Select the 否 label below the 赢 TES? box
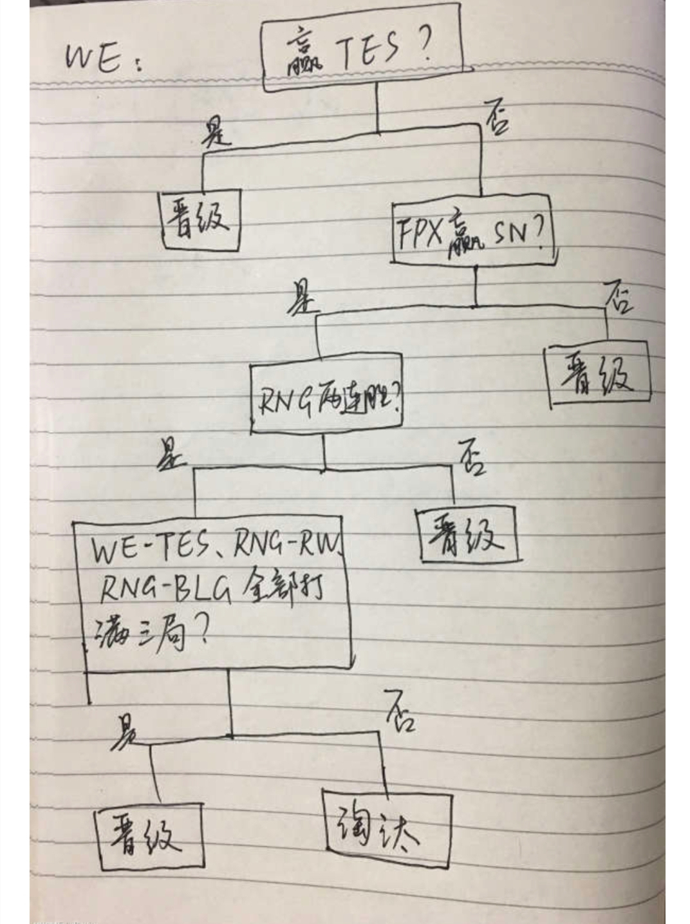496,119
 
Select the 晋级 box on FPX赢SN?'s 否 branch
598,376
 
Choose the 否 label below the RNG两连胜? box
472,458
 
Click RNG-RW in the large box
286,547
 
